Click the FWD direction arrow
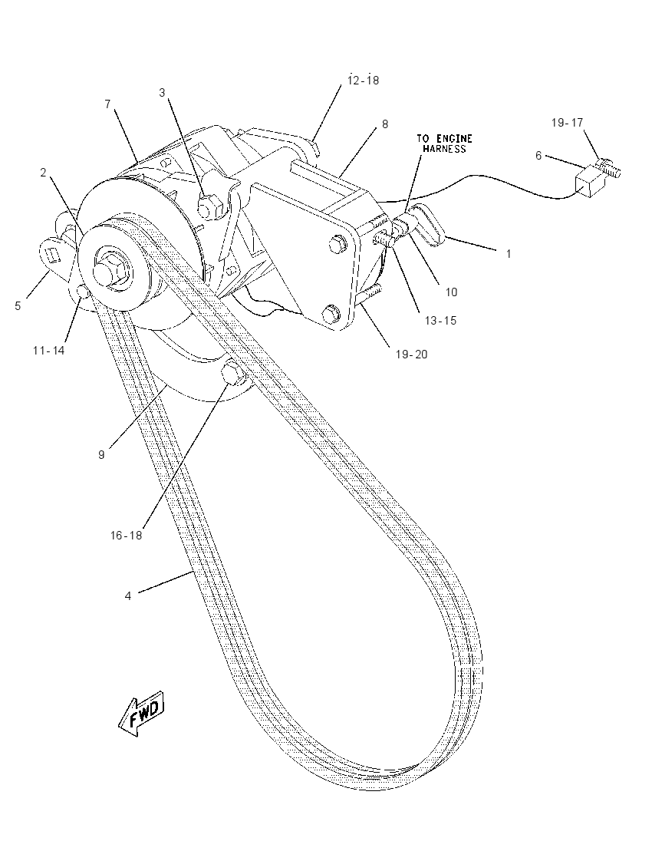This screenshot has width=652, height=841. pos(141,714)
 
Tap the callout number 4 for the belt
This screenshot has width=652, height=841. pos(127,596)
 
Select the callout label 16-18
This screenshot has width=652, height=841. pos(126,536)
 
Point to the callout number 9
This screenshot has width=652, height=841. pos(101,455)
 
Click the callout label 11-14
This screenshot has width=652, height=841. pos(48,350)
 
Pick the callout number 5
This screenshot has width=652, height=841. pos(18,305)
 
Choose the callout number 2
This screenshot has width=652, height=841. pos(43,172)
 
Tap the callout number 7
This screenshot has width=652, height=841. pos(107,104)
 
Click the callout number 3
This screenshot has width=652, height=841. pos(162,93)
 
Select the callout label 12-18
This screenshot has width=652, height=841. pos(363,80)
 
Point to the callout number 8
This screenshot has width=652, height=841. pos(384,124)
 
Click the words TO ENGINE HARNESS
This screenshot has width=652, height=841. pos(444,143)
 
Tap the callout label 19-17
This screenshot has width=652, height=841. pos(567,123)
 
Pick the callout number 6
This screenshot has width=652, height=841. pos(538,156)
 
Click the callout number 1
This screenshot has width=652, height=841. pos(509,254)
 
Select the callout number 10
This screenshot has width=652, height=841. pos(452,292)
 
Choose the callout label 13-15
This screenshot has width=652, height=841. pos(440,320)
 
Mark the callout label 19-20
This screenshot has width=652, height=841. pos(412,354)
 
